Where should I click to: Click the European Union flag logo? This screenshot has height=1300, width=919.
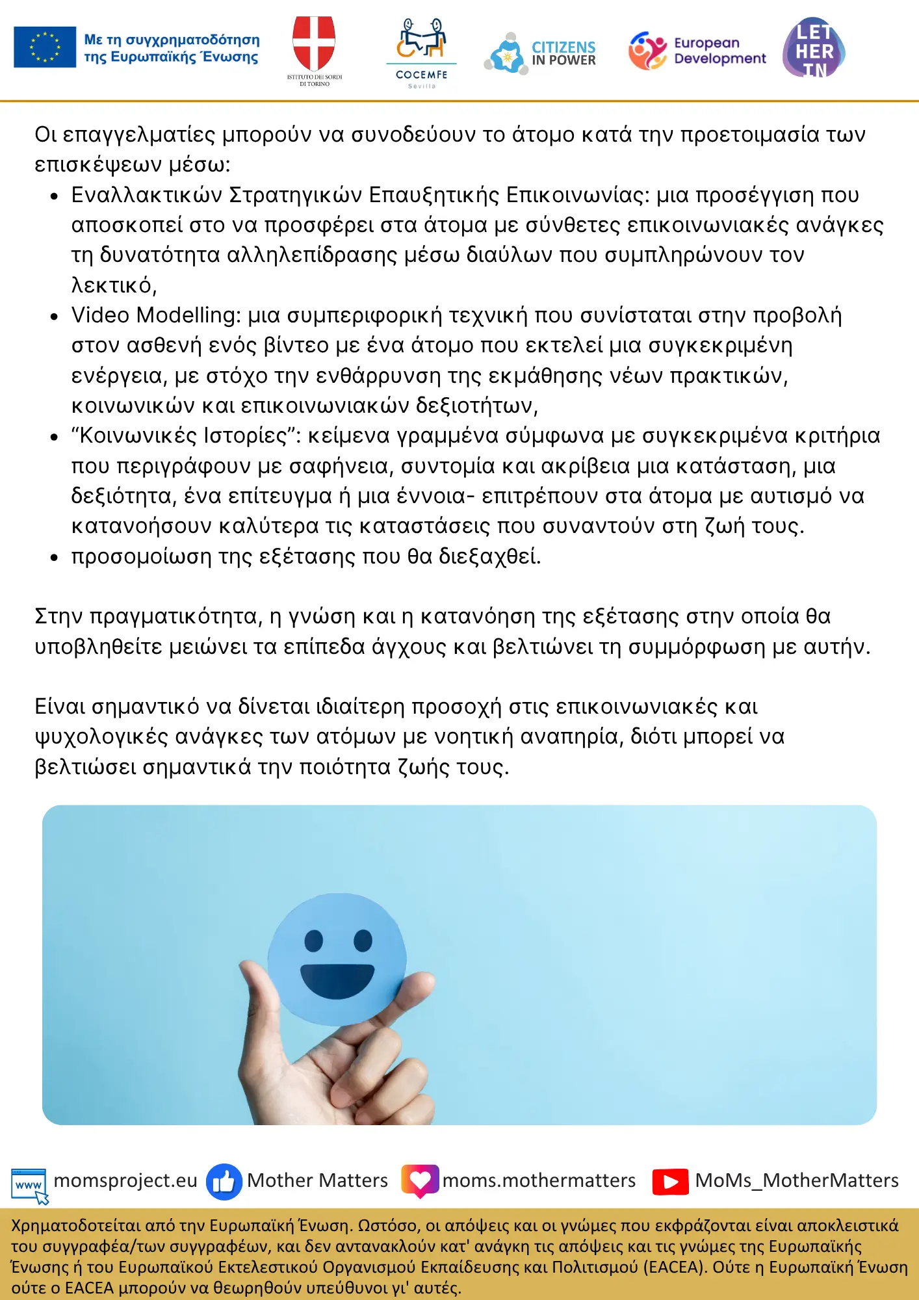(45, 47)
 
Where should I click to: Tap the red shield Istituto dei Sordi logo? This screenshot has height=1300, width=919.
(314, 44)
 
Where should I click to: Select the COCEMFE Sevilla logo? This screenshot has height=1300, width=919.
(422, 52)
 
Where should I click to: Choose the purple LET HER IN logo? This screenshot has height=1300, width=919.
(814, 49)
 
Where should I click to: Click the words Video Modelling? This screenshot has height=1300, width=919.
(153, 315)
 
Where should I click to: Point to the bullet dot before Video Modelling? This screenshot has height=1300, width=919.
(55, 317)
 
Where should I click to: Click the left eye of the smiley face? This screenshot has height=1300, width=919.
(314, 940)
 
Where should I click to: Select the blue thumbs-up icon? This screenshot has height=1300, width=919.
(224, 1181)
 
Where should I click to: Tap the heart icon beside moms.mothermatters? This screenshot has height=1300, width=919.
(420, 1180)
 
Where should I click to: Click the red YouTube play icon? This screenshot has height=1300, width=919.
(670, 1182)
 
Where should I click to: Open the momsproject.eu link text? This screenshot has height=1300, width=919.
(125, 1180)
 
